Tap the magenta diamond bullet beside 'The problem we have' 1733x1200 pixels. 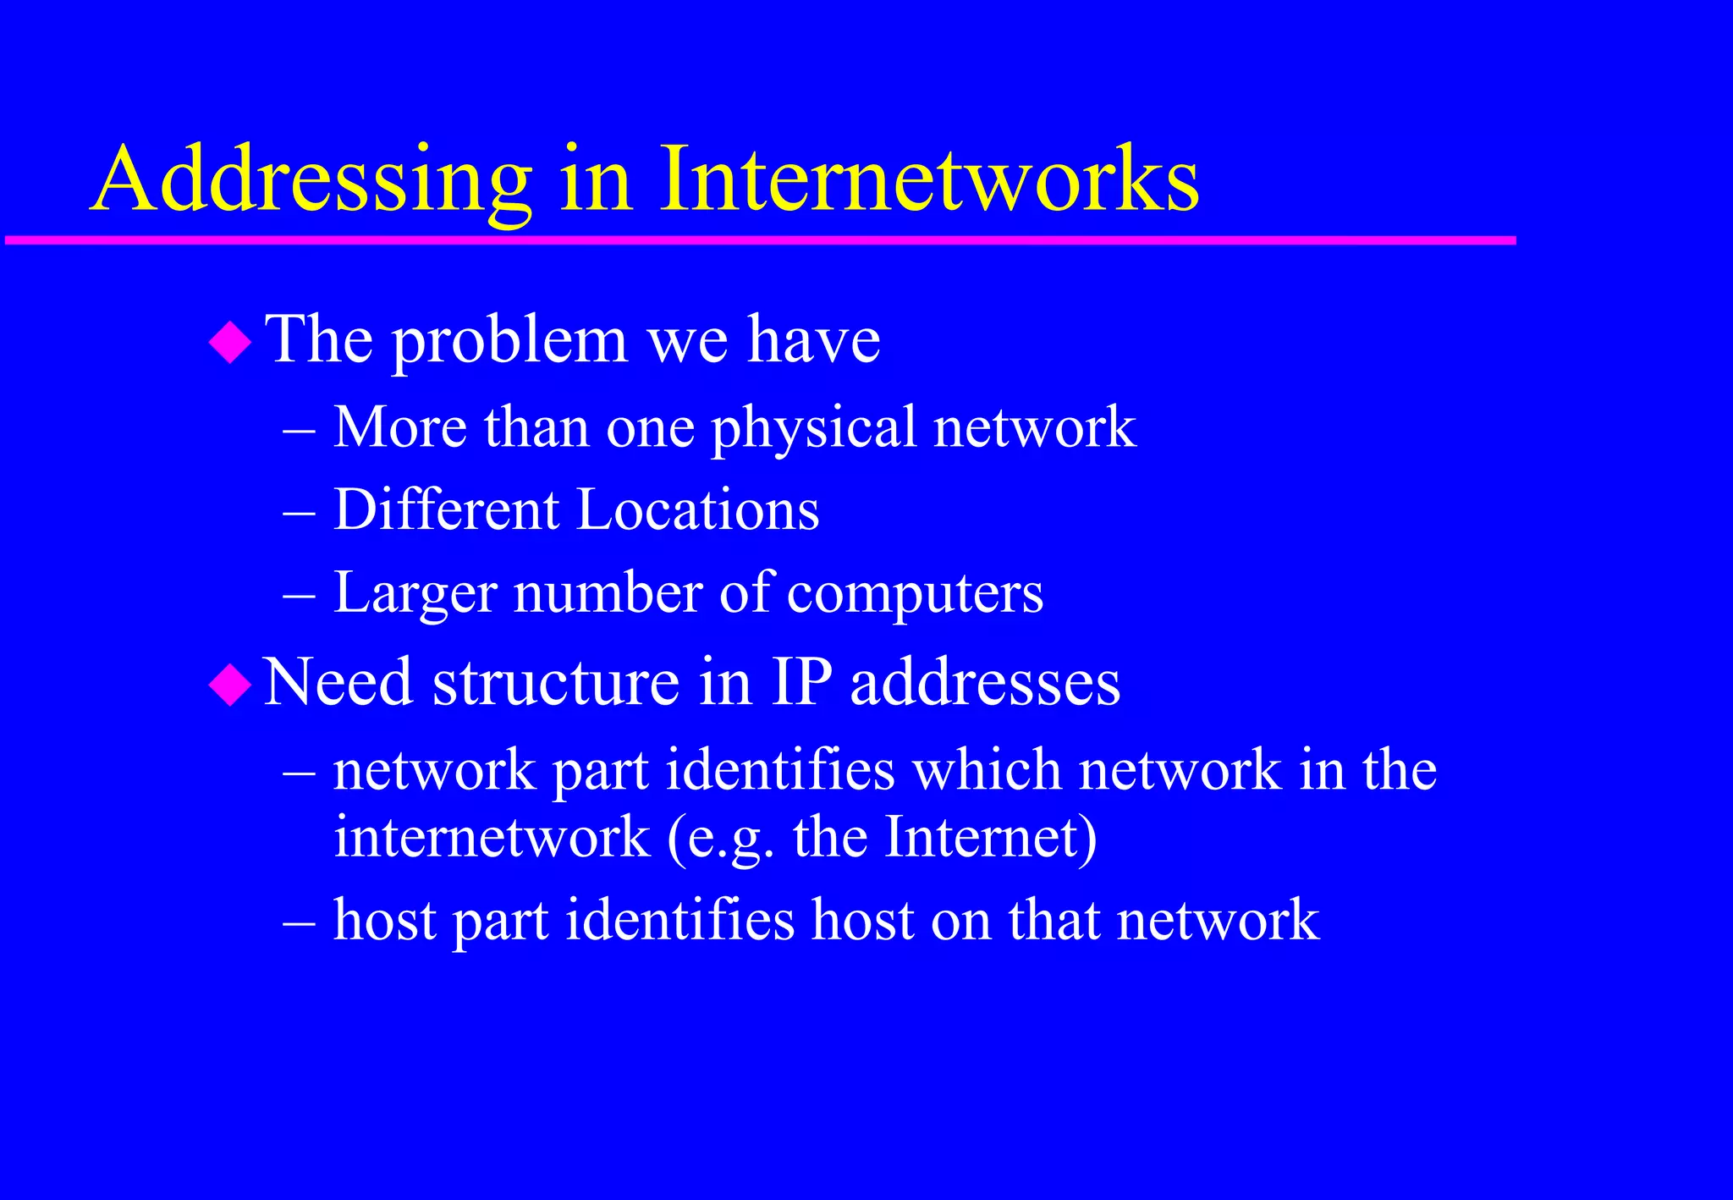tap(230, 343)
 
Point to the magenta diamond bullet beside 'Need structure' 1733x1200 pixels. tap(230, 684)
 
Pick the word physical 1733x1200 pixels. tap(813, 427)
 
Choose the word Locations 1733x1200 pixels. tap(698, 509)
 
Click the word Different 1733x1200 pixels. tap(447, 509)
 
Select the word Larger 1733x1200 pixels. tap(415, 593)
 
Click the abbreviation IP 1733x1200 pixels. tap(801, 682)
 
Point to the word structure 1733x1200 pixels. tap(556, 682)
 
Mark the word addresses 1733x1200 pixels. tap(985, 682)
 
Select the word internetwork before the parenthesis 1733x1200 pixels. tap(492, 837)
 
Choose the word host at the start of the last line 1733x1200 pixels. tap(385, 920)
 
